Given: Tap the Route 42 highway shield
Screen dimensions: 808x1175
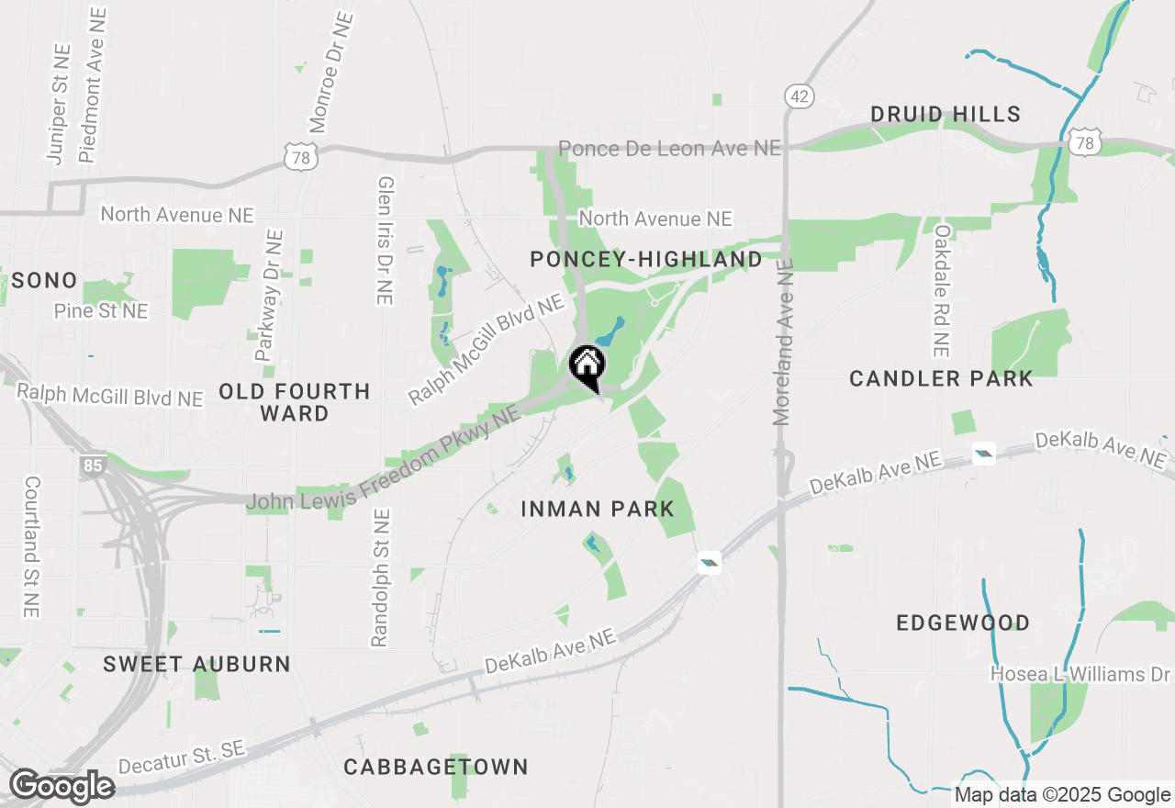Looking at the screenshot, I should tap(799, 95).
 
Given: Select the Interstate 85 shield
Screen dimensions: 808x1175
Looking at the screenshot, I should tap(92, 466).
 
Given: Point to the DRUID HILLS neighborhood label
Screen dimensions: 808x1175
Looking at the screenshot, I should tap(946, 115).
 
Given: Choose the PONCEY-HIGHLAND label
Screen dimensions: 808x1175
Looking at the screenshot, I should tap(646, 260).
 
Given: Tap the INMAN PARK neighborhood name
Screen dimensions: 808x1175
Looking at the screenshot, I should tap(598, 509).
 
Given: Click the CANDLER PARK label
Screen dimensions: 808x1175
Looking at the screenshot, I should tap(941, 378).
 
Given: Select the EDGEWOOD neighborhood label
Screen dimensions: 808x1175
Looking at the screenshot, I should tap(963, 623).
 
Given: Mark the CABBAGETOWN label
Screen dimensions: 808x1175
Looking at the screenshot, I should tap(436, 767).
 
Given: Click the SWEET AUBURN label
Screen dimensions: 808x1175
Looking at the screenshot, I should tap(196, 664).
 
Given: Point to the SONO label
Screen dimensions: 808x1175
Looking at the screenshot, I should tap(45, 281).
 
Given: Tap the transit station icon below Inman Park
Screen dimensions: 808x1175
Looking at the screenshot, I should tap(709, 563).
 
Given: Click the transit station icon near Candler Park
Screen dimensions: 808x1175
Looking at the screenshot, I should tap(983, 453).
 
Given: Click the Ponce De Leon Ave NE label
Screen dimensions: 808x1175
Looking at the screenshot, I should tap(670, 148).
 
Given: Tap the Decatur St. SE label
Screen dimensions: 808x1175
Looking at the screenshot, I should tap(183, 758).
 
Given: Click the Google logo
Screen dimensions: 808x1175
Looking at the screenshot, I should tap(62, 787).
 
